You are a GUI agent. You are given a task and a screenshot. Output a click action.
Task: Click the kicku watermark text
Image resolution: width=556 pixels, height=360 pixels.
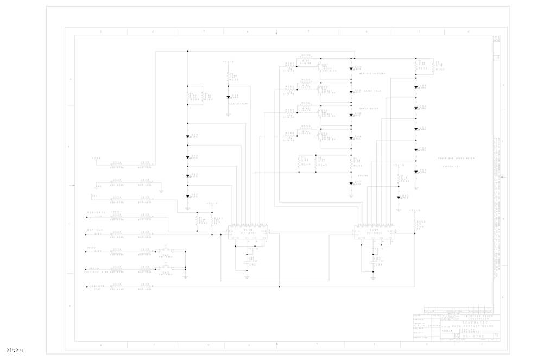point(15,350)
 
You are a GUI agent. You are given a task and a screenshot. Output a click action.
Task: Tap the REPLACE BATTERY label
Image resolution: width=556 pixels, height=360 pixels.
point(372,73)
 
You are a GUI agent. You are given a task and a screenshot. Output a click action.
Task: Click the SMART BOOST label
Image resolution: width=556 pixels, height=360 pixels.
point(369,108)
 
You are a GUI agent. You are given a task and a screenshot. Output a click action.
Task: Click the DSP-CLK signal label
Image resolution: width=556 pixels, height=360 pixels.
point(95,230)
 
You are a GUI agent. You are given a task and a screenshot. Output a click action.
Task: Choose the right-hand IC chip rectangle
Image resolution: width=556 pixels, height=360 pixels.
point(375,231)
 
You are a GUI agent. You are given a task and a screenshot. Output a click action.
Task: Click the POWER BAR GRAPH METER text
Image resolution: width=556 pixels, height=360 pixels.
point(456,159)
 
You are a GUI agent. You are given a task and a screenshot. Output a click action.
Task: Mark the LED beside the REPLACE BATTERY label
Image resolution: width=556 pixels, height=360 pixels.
point(351,69)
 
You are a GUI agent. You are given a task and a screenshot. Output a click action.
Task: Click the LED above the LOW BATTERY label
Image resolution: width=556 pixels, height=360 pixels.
point(229,97)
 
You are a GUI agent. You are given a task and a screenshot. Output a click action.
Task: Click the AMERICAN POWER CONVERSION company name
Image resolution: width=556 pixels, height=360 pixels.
point(462,317)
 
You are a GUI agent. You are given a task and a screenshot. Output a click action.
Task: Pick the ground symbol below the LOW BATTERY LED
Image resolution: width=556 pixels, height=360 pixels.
point(229,115)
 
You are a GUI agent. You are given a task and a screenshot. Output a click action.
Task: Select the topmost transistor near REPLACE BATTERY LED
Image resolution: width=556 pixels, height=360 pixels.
point(320,67)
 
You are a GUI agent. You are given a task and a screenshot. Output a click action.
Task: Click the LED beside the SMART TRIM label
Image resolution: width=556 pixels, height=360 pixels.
point(351,92)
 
